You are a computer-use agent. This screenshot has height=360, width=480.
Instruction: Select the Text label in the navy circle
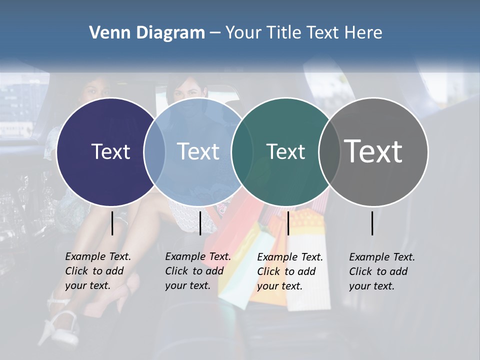coord(110,151)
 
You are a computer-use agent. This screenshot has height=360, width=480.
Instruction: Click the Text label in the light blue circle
coord(198,151)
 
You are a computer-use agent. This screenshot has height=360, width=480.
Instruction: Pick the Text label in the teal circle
coord(285,151)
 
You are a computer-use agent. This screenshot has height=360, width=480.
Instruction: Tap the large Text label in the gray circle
coord(373,151)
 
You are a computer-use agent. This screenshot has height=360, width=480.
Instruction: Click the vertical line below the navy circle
coord(112,223)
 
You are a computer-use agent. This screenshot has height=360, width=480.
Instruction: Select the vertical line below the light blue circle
coord(200,223)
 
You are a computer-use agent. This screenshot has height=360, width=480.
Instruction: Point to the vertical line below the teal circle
coord(288,223)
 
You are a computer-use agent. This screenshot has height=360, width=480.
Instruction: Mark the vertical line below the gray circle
coord(372,223)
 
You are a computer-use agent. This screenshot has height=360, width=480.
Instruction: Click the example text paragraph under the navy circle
coord(97,271)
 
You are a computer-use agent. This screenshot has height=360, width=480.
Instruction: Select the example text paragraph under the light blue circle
coord(197,271)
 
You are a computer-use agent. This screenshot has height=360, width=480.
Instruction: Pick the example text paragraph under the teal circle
coord(289,271)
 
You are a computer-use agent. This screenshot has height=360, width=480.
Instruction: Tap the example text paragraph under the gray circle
coord(381,271)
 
